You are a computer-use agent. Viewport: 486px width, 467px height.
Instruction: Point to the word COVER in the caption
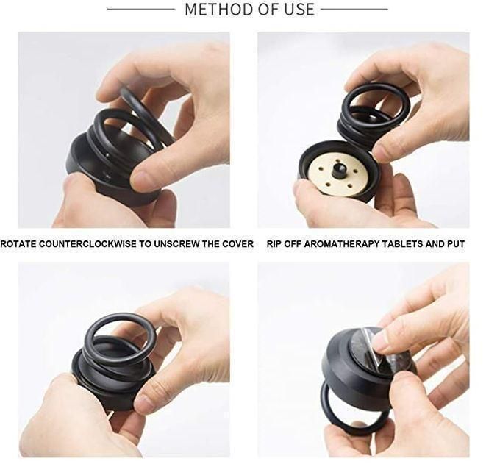236,243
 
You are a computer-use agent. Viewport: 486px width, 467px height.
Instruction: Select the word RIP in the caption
275,243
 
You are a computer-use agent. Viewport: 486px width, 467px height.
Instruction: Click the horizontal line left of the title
140,10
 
